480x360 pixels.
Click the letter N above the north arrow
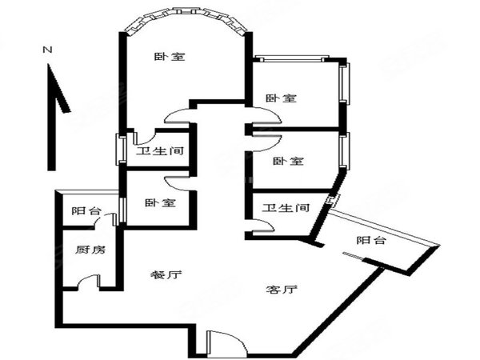[47, 50]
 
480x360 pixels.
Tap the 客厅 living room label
[282, 290]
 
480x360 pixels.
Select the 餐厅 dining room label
[166, 275]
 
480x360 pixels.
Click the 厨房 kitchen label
[90, 250]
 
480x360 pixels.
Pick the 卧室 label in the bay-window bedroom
[170, 57]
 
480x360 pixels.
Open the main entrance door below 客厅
[226, 343]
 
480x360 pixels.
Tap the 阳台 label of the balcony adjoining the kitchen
[86, 210]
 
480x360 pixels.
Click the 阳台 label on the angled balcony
[371, 240]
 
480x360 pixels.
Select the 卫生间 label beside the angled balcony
[286, 208]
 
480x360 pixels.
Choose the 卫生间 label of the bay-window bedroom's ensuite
[160, 151]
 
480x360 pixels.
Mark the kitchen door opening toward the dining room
[89, 282]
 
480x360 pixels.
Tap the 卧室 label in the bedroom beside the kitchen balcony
[160, 202]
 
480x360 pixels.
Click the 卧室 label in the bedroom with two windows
[281, 98]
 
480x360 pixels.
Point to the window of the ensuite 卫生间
[120, 150]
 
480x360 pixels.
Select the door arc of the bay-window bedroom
[178, 116]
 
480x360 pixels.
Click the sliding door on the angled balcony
[353, 255]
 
